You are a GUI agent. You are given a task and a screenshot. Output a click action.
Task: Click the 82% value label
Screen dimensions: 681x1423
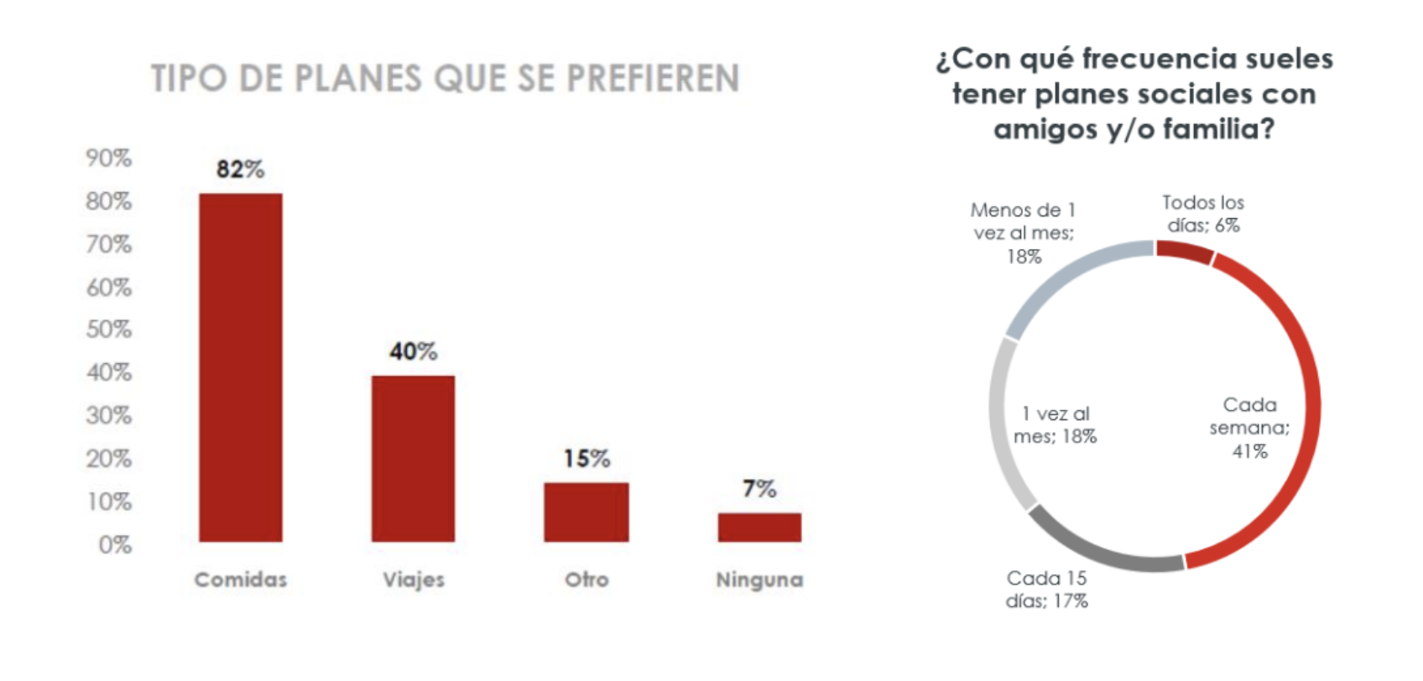click(240, 169)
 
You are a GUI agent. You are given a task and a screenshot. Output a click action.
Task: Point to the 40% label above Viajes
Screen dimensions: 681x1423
click(414, 351)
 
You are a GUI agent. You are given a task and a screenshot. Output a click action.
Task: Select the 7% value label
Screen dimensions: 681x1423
click(759, 488)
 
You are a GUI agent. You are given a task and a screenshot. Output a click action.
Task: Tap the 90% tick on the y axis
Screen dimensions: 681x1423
click(109, 158)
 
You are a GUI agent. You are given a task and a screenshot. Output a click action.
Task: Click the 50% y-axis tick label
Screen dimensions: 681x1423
click(109, 329)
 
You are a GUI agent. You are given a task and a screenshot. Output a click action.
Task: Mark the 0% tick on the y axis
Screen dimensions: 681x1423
click(115, 544)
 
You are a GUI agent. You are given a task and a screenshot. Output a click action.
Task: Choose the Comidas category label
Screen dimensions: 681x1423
click(241, 580)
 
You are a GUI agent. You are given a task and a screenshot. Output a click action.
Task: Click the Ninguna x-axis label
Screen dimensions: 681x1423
click(759, 580)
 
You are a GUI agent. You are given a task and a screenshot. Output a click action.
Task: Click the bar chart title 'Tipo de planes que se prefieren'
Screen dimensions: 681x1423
click(446, 79)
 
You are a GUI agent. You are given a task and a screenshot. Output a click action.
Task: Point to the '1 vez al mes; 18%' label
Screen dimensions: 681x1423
click(1056, 425)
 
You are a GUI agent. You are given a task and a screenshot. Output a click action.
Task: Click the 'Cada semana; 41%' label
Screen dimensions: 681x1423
click(1249, 428)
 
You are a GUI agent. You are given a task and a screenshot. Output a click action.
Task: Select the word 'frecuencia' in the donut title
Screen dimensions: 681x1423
click(1159, 59)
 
